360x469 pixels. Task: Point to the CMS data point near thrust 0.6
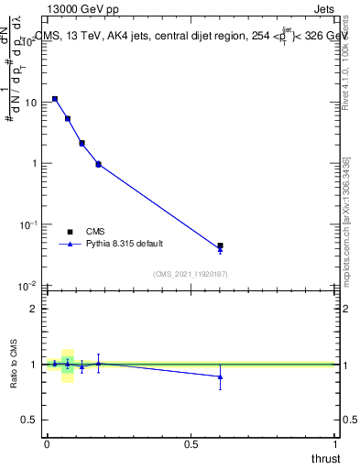point(220,245)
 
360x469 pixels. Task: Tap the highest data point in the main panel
point(55,99)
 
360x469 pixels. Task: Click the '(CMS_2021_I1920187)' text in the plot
point(190,274)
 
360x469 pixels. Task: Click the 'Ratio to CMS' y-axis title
point(15,364)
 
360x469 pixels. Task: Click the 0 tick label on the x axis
point(46,443)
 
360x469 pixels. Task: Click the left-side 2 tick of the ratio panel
point(35,309)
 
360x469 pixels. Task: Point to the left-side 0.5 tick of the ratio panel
point(31,420)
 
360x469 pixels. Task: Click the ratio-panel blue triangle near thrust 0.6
point(220,376)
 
